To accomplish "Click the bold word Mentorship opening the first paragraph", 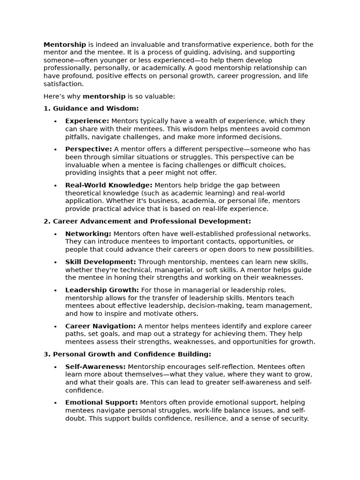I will [65, 45].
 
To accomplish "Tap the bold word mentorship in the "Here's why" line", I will [104, 96].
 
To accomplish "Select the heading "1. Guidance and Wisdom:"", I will [91, 108].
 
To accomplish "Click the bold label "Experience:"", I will [87, 121].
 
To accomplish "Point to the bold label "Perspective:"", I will [89, 149].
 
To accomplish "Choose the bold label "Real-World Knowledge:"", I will [109, 185].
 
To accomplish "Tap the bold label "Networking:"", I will [88, 233].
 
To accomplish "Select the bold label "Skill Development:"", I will [100, 262].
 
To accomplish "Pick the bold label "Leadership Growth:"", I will [102, 290].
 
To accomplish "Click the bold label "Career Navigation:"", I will [100, 326].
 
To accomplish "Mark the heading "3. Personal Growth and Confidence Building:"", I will [127, 354].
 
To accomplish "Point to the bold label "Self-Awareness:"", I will [95, 367].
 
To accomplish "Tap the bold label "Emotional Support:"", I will [101, 402].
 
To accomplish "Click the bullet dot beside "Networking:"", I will [55, 234].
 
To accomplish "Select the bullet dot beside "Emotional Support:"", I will [55, 403].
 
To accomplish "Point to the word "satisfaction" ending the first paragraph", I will [63, 84].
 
